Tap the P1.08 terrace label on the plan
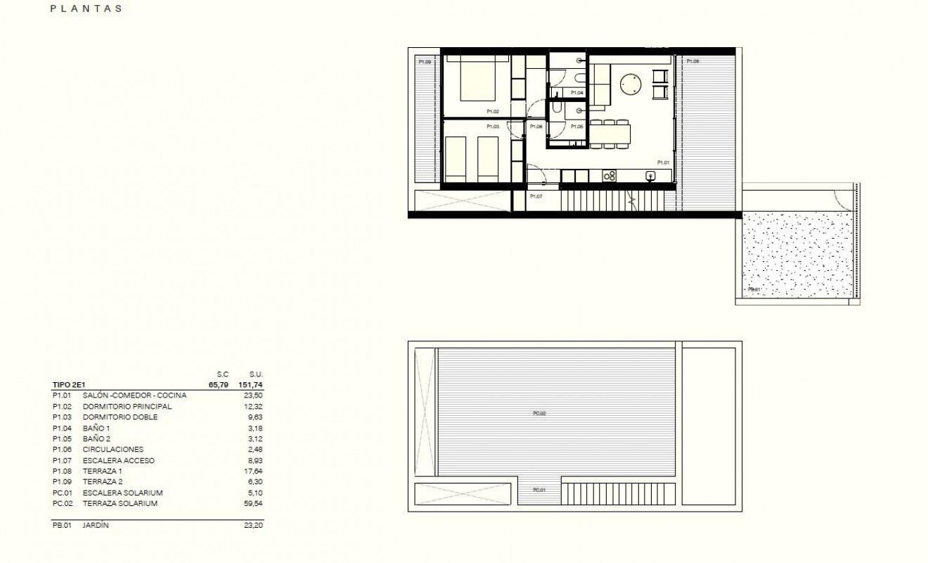pyautogui.click(x=692, y=62)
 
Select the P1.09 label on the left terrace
pyautogui.click(x=425, y=62)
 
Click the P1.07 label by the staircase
pyautogui.click(x=536, y=196)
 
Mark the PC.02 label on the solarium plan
pyautogui.click(x=539, y=413)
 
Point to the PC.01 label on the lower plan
pyautogui.click(x=539, y=490)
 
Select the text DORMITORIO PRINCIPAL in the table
pyautogui.click(x=127, y=406)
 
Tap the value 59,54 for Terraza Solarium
pyautogui.click(x=252, y=503)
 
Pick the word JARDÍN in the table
pyautogui.click(x=96, y=525)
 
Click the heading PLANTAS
pyautogui.click(x=87, y=9)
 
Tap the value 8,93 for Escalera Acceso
pyautogui.click(x=254, y=460)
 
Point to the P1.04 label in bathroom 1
pyautogui.click(x=576, y=93)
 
